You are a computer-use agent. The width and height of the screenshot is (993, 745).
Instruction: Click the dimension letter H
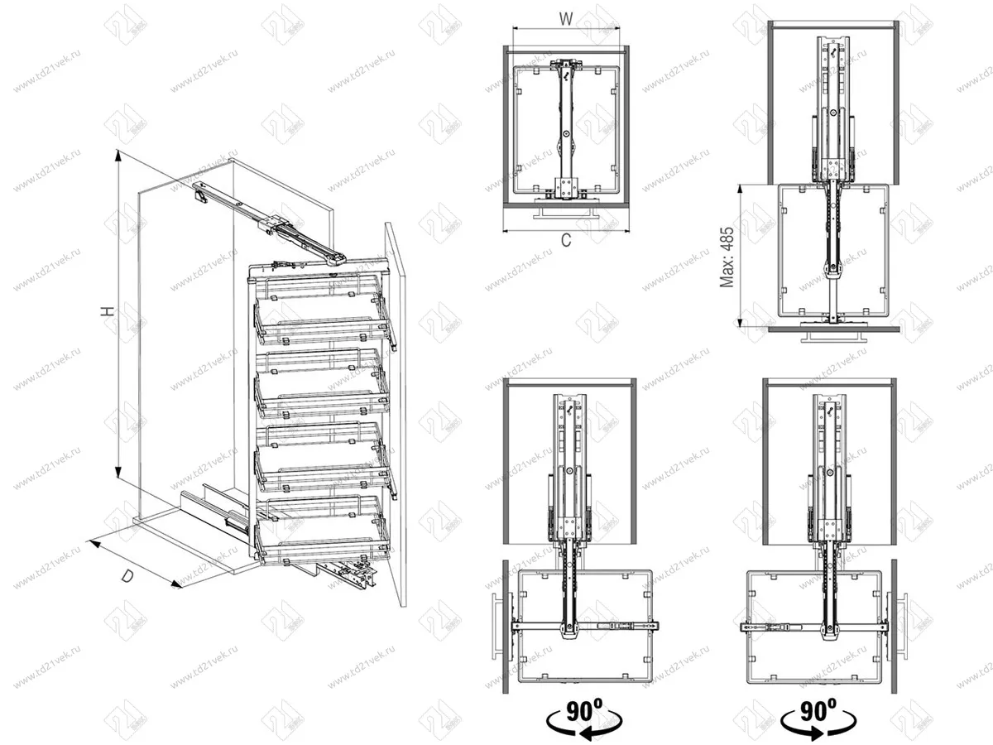107,310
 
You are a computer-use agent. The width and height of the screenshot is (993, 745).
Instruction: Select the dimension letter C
566,241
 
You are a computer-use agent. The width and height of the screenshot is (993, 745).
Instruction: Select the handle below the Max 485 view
831,339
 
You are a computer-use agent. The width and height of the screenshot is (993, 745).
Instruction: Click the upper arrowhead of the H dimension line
119,155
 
